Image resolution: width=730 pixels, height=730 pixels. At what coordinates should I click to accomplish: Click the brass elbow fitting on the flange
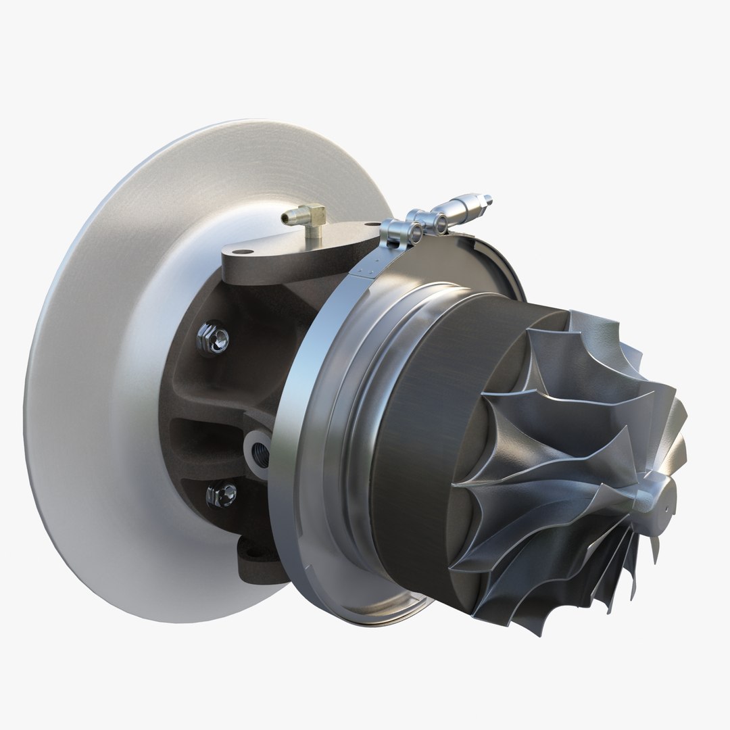[312, 219]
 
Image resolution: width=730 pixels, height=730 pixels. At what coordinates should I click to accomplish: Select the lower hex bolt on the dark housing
[222, 495]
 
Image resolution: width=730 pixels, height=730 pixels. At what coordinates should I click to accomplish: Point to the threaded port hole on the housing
[259, 452]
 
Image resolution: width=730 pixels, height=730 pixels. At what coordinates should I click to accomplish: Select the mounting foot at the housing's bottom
[257, 565]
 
